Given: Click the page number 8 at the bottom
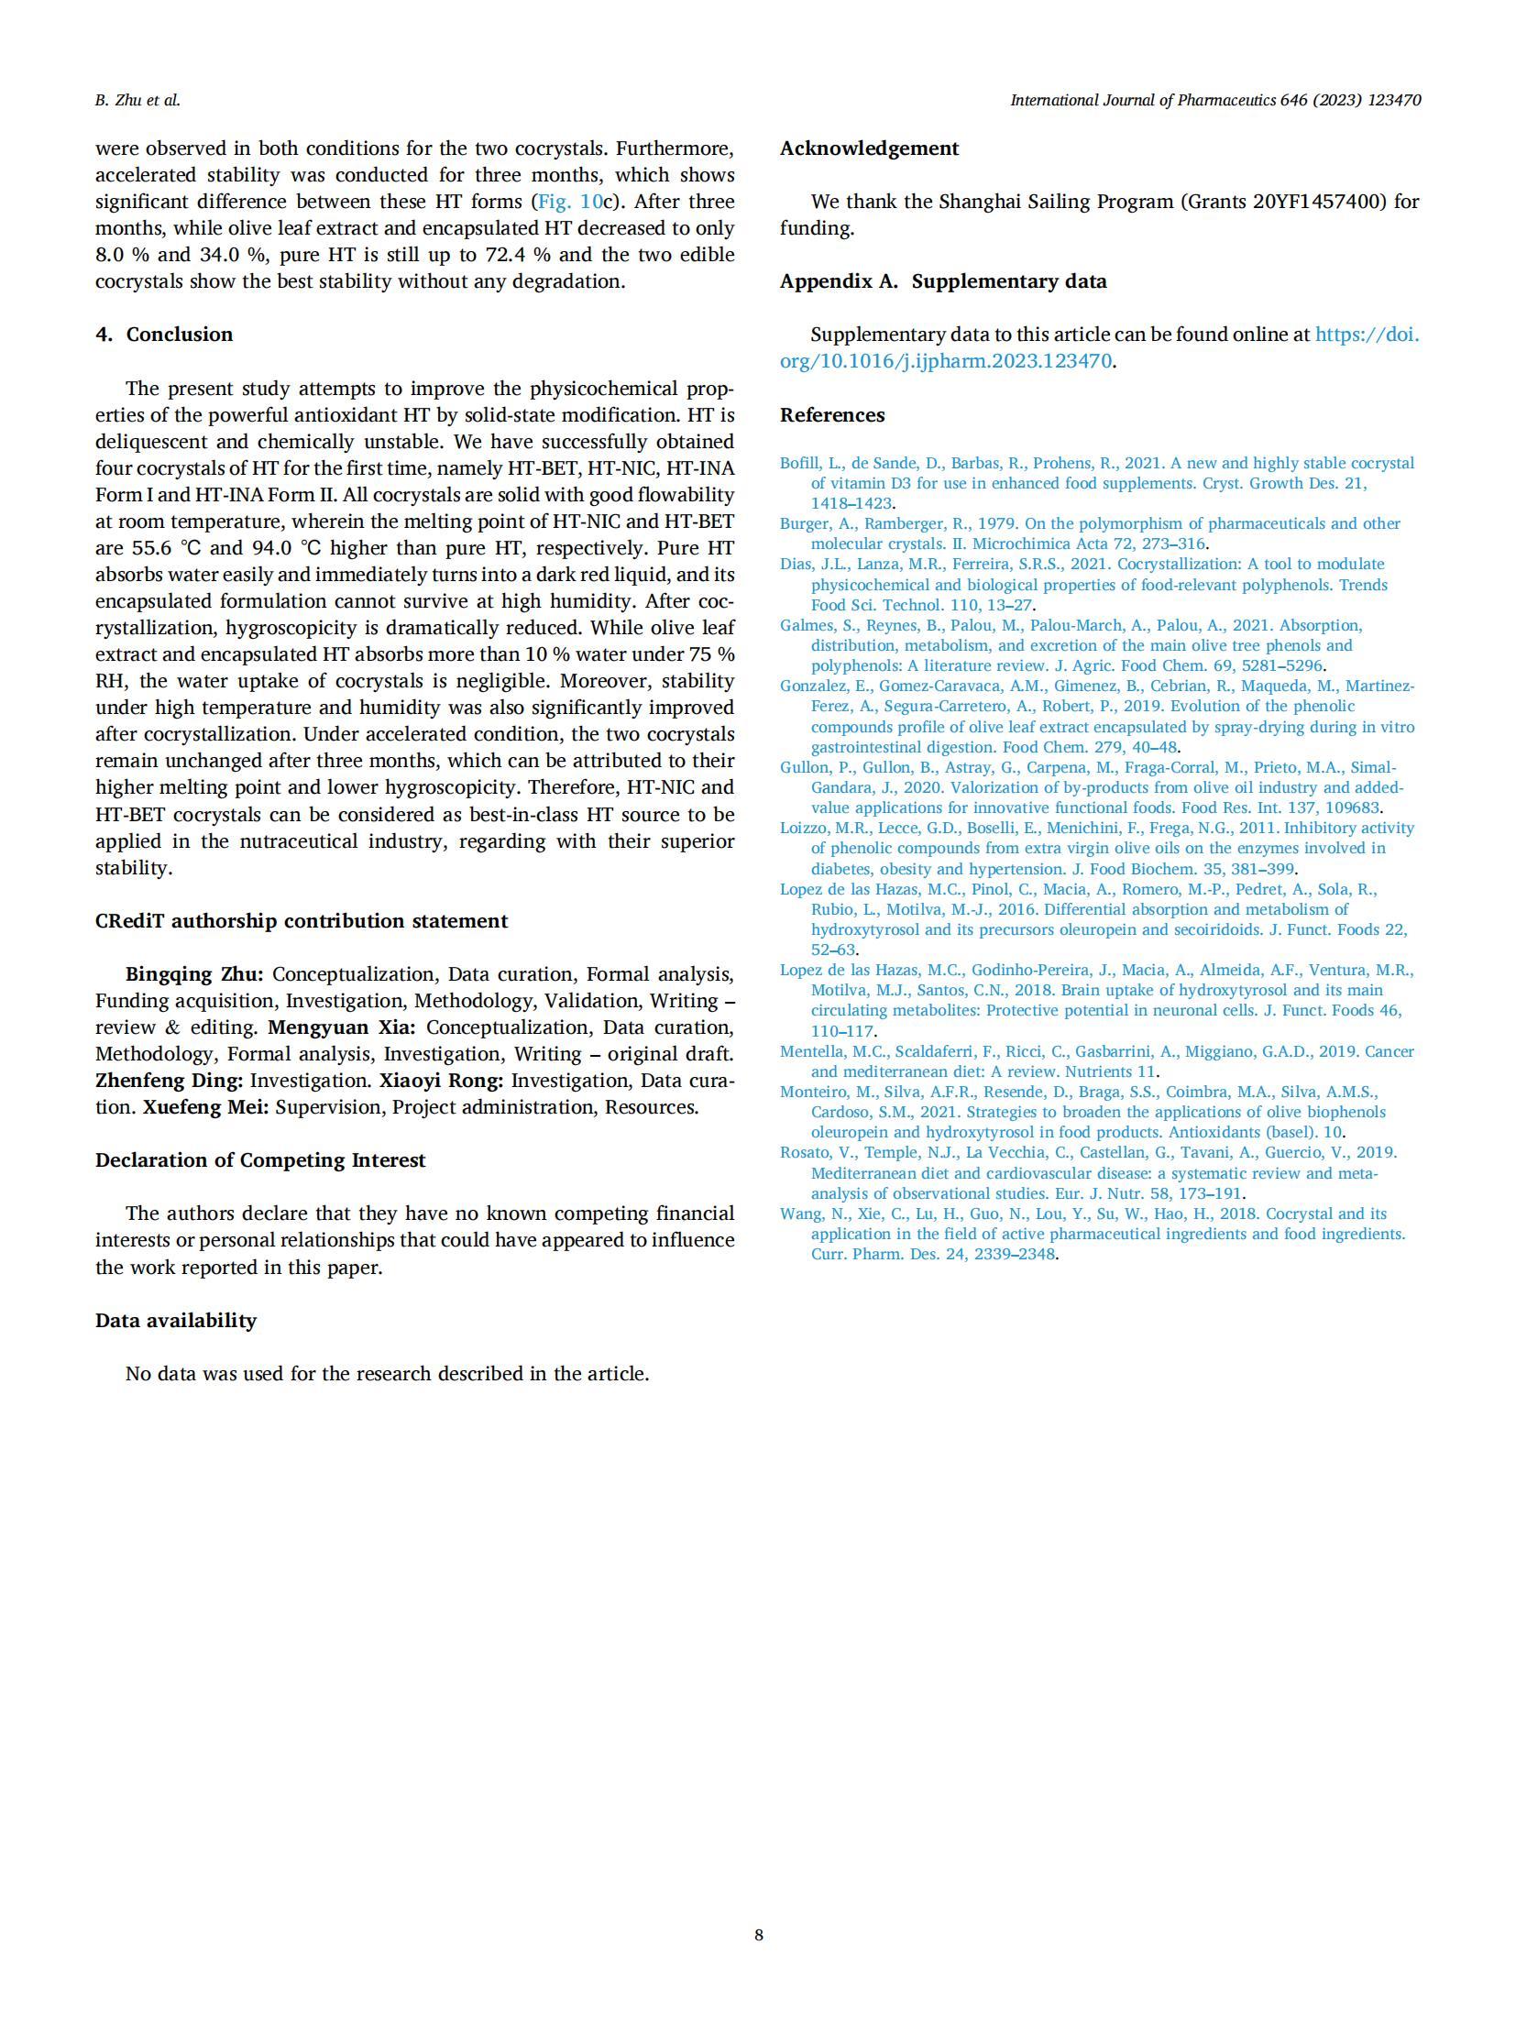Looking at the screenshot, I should (758, 1934).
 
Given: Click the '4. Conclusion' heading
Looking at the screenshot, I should (164, 335).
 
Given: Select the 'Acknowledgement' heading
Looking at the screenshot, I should (869, 148).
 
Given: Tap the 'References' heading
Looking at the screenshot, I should (832, 415).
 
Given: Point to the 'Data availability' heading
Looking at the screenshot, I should (176, 1321).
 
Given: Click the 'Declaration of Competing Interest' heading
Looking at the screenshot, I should (260, 1160).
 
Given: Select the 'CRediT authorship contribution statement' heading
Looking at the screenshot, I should (302, 921).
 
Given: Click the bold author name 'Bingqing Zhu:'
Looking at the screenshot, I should (194, 974).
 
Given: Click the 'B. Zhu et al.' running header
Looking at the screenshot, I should (137, 101).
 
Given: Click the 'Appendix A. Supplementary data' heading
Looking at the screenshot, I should (943, 281).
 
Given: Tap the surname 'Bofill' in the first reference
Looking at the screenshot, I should (801, 464).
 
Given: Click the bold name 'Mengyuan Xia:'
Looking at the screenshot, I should (341, 1027).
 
